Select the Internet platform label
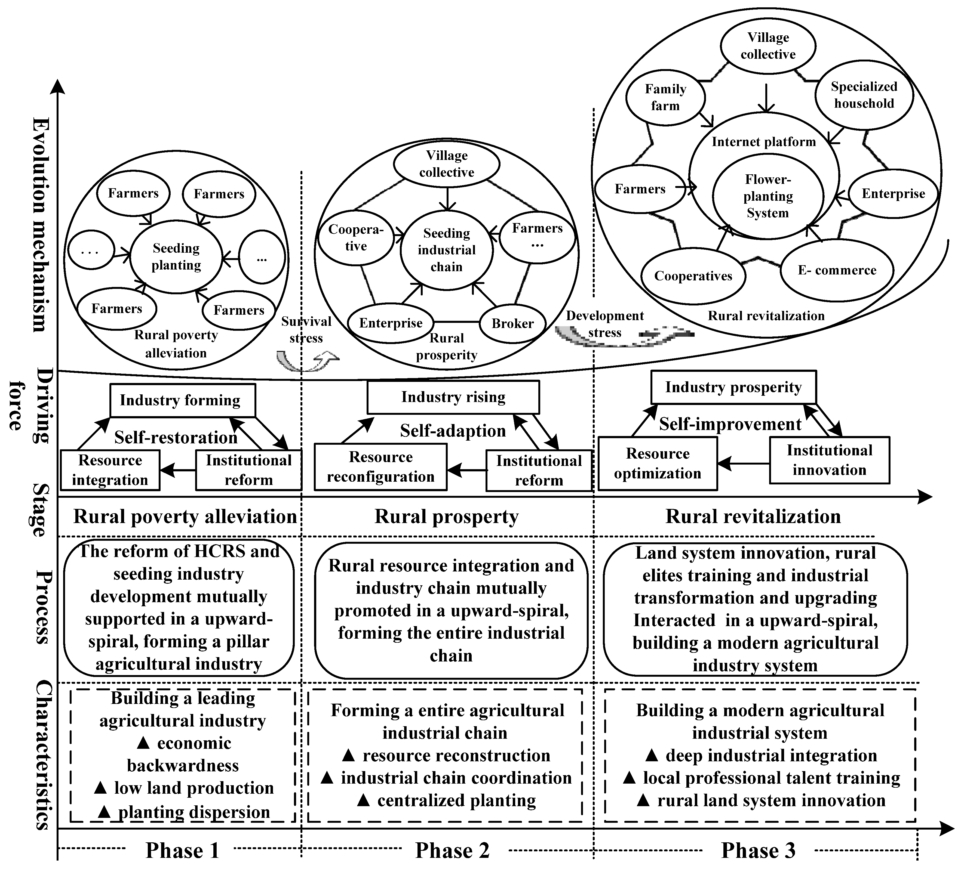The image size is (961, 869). pyautogui.click(x=764, y=142)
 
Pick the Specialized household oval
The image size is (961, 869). pyautogui.click(x=864, y=95)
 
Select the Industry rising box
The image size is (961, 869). pyautogui.click(x=453, y=397)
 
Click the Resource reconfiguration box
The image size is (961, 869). pyautogui.click(x=380, y=467)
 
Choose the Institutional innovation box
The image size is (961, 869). pyautogui.click(x=830, y=460)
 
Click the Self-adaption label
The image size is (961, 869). pyautogui.click(x=453, y=431)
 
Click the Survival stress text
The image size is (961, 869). pyautogui.click(x=306, y=330)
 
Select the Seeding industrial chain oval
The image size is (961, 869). pyautogui.click(x=447, y=250)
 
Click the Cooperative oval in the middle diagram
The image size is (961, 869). pyautogui.click(x=356, y=238)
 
